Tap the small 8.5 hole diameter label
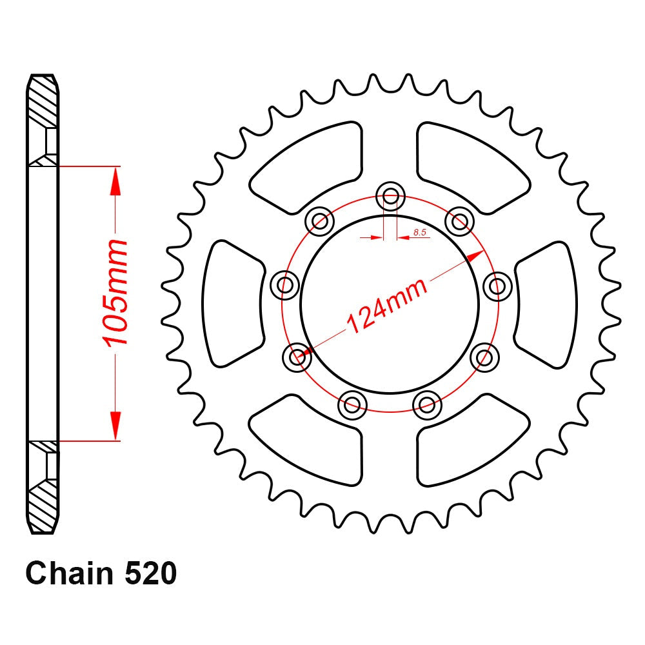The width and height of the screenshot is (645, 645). coord(420,232)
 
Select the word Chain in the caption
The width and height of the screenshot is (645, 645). coord(66,574)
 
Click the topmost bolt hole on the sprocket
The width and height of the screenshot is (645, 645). coord(390,195)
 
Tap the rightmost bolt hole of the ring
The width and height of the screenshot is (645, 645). coord(497,284)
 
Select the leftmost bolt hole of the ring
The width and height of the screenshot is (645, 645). coord(282,284)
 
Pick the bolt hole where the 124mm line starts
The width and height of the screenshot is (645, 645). coord(297,355)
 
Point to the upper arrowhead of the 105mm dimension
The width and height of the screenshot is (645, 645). coord(115,180)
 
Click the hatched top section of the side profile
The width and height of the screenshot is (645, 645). coord(43,103)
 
